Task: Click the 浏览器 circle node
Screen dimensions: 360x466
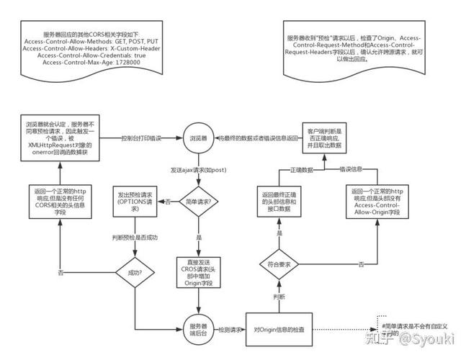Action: tap(199, 137)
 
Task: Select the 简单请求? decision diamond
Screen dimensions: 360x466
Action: tap(199, 202)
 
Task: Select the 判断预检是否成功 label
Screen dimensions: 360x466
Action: tap(134, 237)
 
